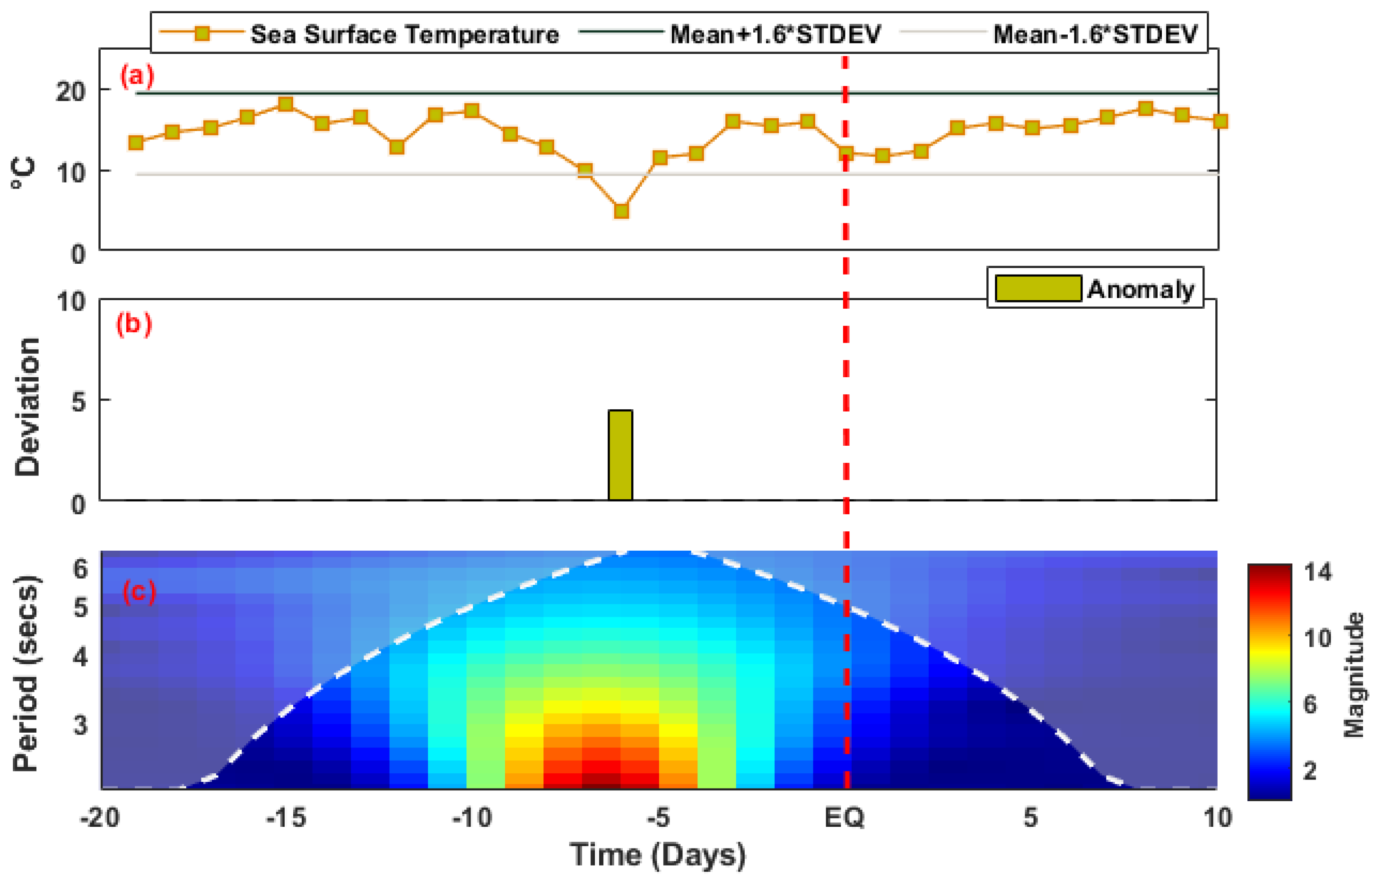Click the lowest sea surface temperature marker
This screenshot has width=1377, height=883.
pyautogui.click(x=621, y=211)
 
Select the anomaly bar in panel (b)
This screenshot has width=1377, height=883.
pyautogui.click(x=620, y=455)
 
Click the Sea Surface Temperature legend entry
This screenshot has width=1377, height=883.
pyautogui.click(x=404, y=35)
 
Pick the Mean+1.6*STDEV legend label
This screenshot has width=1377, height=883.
pyautogui.click(x=775, y=35)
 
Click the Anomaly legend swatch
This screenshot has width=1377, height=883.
pyautogui.click(x=1038, y=288)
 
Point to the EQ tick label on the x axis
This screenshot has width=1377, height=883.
pyautogui.click(x=844, y=818)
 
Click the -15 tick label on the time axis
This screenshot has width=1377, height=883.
pyautogui.click(x=286, y=818)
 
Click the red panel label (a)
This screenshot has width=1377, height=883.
pyautogui.click(x=137, y=76)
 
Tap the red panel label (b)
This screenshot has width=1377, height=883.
pyautogui.click(x=134, y=324)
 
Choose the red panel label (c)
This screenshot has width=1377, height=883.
pyautogui.click(x=139, y=592)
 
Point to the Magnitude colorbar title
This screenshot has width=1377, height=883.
pyautogui.click(x=1353, y=675)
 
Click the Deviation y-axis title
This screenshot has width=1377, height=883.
pyautogui.click(x=27, y=407)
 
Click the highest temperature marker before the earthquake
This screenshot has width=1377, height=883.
pyautogui.click(x=285, y=104)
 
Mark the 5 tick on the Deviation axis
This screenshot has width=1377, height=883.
pyautogui.click(x=78, y=402)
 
